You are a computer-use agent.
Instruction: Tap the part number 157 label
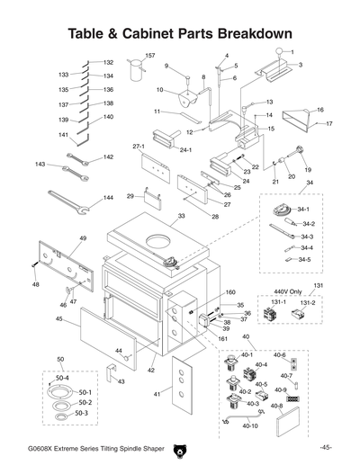(x=150, y=56)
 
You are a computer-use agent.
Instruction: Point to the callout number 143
(x=40, y=165)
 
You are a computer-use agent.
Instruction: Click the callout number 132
(x=108, y=63)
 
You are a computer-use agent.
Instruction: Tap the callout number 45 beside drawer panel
(x=58, y=318)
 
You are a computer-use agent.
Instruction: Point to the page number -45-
(x=325, y=447)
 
